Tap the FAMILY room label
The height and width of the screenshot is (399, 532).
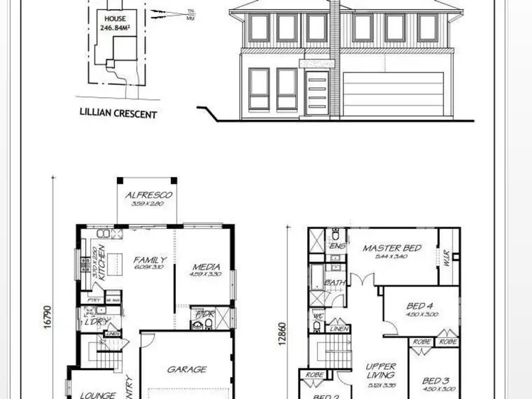click(x=150, y=260)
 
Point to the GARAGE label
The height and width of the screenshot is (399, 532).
click(x=187, y=369)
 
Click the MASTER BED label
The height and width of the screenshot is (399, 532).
click(x=392, y=248)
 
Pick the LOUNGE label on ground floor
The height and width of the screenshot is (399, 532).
click(x=98, y=395)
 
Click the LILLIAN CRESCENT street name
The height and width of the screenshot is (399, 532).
click(x=118, y=113)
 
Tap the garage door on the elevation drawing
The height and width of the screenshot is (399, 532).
click(x=381, y=94)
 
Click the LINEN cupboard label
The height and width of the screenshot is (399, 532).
click(x=339, y=327)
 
